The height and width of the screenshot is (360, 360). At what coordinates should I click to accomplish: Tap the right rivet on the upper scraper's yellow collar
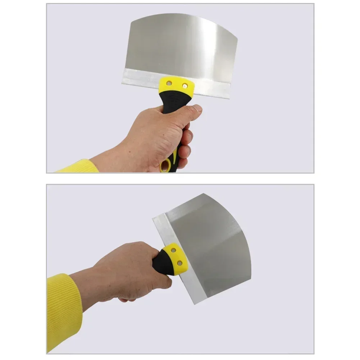[185, 86]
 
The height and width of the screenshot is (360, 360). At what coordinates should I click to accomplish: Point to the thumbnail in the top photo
[197, 108]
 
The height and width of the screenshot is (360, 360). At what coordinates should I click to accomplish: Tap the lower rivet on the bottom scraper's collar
[179, 264]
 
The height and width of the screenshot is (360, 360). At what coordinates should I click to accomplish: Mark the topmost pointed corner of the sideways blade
[204, 194]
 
